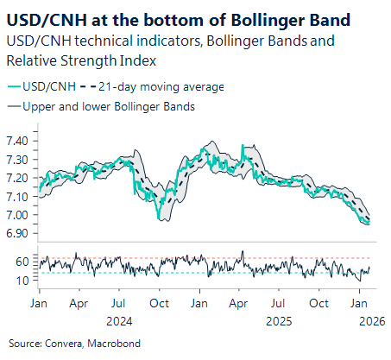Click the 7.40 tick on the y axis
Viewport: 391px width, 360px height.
pyautogui.click(x=18, y=140)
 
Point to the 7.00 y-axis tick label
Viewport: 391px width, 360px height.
pyautogui.click(x=18, y=215)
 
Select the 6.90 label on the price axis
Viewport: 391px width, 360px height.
pyautogui.click(x=18, y=233)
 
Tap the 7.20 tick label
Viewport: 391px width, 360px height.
pyautogui.click(x=18, y=178)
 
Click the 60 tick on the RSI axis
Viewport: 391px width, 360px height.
pyautogui.click(x=22, y=262)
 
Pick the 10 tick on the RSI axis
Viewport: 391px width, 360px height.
pyautogui.click(x=22, y=280)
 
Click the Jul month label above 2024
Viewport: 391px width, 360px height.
pyautogui.click(x=119, y=303)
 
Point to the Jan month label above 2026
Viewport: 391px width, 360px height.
pyautogui.click(x=359, y=303)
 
